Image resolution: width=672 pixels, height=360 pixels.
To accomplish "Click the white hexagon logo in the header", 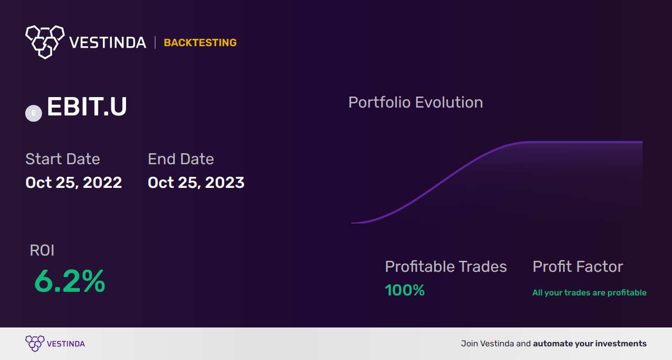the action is coord(45,42).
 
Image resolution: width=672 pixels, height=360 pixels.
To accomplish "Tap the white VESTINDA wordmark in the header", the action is coord(108,43).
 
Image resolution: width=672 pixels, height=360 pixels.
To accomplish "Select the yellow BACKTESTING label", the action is coord(200,43).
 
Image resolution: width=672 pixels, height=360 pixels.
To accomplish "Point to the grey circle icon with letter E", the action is coord(34,113).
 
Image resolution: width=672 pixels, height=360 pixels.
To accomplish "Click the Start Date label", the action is coord(62,158).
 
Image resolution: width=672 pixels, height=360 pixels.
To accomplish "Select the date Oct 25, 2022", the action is coord(73,183).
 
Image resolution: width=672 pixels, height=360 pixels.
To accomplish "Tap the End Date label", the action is coord(181,158).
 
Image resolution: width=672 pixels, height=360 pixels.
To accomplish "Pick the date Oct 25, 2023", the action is coord(196,183).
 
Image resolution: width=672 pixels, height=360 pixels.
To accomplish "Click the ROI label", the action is coord(42,250).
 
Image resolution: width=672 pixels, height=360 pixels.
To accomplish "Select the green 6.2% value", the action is coord(70,281).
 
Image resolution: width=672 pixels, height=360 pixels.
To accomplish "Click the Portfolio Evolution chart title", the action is coord(415,103).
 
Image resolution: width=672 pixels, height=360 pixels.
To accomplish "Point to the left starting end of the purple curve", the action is coord(352,223).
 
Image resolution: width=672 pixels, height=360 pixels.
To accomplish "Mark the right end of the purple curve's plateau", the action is coord(642,142).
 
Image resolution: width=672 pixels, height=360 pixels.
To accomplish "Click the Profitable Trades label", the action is coord(446,267).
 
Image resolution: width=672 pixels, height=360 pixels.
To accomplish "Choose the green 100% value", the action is coord(405,290).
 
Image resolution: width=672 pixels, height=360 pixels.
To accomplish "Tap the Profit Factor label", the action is coord(578,267).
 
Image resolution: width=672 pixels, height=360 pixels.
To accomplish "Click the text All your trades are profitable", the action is coord(590,293).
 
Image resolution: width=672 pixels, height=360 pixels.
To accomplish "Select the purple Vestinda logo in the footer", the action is coord(55,344).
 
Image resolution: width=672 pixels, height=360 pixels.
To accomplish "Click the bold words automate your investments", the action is coord(590,344).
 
